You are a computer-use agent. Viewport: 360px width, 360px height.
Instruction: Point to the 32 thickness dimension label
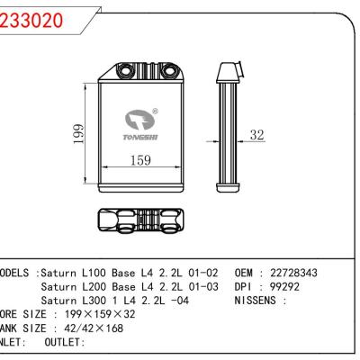tap(258, 136)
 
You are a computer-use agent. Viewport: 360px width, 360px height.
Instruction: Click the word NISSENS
tap(257, 301)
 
